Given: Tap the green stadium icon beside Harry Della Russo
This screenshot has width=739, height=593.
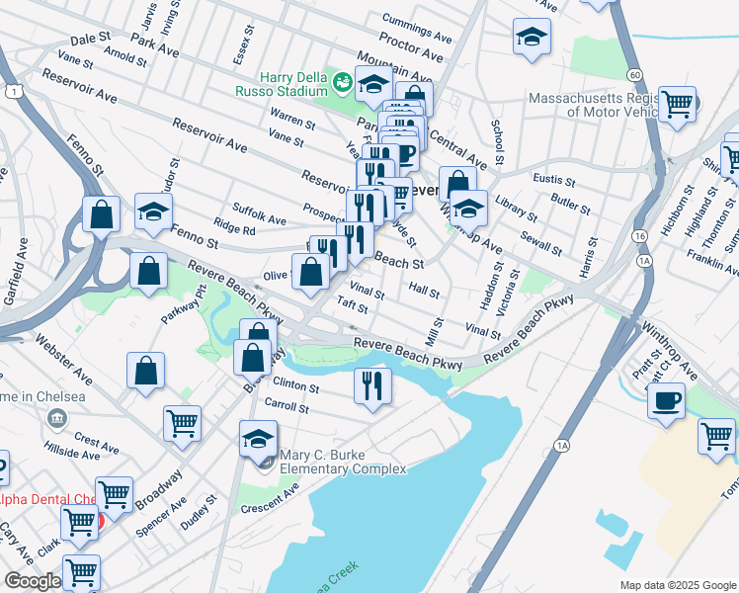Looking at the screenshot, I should pos(343,81).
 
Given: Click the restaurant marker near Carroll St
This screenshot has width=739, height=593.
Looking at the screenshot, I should pos(372,385).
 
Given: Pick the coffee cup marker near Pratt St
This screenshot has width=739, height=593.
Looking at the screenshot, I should pos(667,402).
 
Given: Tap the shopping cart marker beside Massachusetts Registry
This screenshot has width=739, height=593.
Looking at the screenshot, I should pos(678,104).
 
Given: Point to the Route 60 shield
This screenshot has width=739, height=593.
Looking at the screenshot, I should pos(634,75).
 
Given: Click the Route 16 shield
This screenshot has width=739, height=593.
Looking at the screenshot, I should pos(641,237).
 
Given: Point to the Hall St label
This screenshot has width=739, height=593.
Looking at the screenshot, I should pos(423,291).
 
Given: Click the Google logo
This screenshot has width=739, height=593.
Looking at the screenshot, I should pos(32,581).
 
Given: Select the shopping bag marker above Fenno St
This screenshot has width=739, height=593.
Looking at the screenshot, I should pos(102,214).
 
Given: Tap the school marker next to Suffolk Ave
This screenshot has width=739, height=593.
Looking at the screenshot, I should pos(153,212).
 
